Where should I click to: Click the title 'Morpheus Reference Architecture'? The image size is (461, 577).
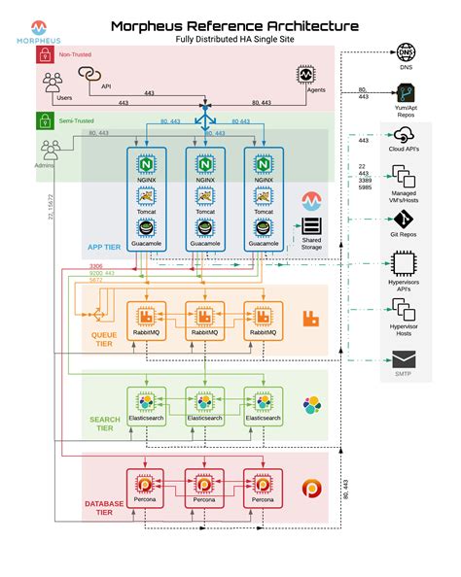(233, 25)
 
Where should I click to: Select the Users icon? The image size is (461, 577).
(53, 85)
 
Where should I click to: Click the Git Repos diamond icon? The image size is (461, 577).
(404, 219)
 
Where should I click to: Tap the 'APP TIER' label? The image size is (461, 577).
(104, 247)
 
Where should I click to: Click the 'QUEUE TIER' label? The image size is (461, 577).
(104, 337)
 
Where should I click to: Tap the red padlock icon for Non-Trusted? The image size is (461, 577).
(44, 55)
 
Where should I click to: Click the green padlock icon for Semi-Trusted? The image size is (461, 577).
(44, 121)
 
